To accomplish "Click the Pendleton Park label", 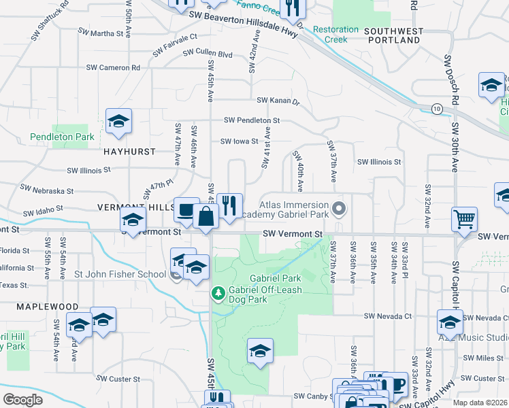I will [62, 137].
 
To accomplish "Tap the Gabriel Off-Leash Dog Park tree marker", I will [218, 294].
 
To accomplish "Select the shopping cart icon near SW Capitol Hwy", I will [465, 220].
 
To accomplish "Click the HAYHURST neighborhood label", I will [129, 152].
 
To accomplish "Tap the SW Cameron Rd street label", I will [113, 67].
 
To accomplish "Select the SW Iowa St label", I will [239, 141].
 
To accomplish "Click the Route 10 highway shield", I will [436, 108].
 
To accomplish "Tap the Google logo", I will [22, 400].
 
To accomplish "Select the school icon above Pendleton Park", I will [118, 122].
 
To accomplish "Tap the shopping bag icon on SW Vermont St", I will [206, 218].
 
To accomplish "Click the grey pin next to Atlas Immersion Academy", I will [338, 207].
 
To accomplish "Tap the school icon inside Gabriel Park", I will [260, 351].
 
